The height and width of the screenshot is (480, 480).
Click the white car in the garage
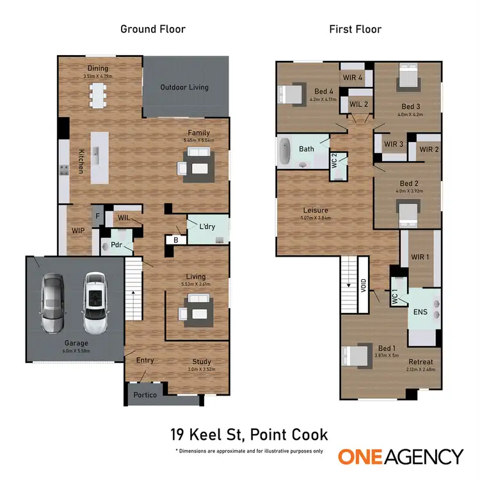coord(93,303)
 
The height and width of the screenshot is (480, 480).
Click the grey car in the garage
coord(52,303)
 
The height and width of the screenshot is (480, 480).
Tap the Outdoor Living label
coord(184,88)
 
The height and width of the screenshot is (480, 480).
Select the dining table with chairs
coord(98,95)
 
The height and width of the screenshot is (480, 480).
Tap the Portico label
coord(145,395)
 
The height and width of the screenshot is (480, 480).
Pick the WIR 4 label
coord(353,78)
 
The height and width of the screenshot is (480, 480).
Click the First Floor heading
coord(355,29)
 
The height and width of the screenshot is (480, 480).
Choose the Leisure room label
coord(316,210)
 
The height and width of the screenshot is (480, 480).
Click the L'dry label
coord(207,227)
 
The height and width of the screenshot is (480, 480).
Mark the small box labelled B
coord(176,240)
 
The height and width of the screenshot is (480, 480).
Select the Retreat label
coord(420,361)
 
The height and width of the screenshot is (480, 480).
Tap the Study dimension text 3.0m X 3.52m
coord(205,369)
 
